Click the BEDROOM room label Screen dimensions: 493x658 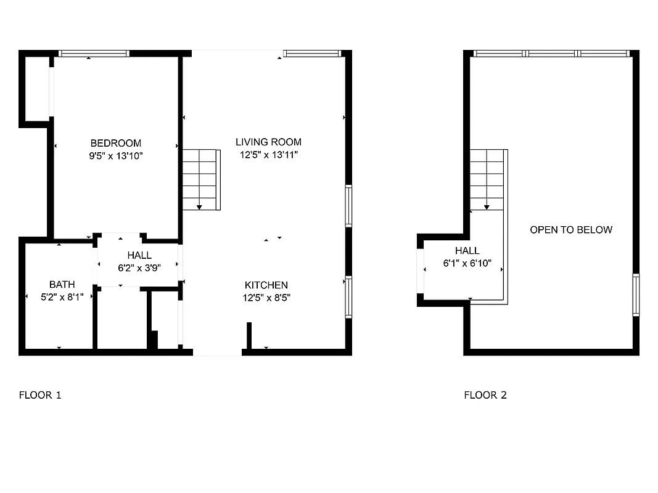[115, 144]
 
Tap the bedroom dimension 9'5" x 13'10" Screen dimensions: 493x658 [115, 156]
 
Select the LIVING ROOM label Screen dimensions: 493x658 [268, 142]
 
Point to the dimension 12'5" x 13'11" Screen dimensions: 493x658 [268, 155]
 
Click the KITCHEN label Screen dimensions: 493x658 [266, 285]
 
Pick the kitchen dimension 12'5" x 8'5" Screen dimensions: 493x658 [266, 298]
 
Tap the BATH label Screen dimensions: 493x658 [62, 284]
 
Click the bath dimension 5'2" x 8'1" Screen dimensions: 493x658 [62, 296]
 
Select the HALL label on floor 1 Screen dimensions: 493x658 [139, 255]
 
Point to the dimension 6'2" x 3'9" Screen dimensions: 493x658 [139, 267]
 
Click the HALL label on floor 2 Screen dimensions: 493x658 [467, 251]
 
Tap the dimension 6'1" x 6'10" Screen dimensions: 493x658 [467, 263]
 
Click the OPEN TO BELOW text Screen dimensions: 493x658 [571, 230]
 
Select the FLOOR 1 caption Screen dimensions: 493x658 [40, 395]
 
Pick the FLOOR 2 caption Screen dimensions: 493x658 [485, 395]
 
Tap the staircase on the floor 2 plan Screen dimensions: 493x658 [488, 179]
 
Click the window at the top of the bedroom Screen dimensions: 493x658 [94, 54]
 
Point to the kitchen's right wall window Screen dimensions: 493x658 [348, 296]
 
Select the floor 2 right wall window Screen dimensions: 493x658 [636, 295]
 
